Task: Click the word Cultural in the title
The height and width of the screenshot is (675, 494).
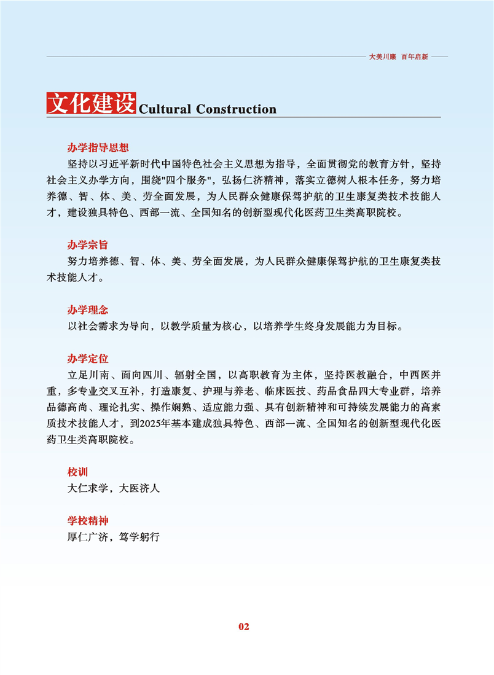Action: click(165, 109)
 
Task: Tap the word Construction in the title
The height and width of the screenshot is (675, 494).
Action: click(236, 109)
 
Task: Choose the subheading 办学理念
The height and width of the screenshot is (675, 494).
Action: click(87, 310)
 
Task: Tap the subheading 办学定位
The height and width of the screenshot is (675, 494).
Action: click(87, 358)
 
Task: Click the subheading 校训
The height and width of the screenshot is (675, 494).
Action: click(77, 472)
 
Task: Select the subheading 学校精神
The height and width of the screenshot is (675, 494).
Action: click(87, 520)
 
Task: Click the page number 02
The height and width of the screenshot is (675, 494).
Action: click(244, 626)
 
